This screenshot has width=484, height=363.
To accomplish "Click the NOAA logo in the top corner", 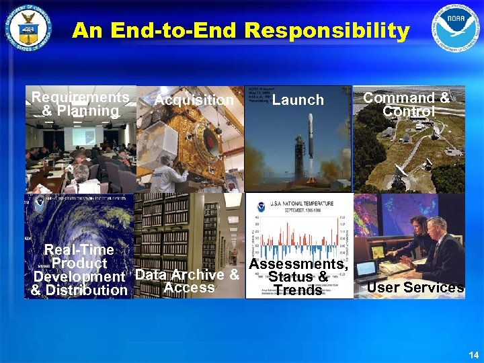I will (x=456, y=29).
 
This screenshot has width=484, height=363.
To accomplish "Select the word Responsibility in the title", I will (x=327, y=31).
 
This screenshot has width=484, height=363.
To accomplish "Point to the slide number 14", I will (x=473, y=354).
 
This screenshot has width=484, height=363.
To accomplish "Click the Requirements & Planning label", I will (x=80, y=104).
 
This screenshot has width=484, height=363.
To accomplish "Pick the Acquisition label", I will (x=194, y=100).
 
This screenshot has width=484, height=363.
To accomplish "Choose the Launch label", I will (x=298, y=100).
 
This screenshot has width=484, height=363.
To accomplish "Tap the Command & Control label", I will (x=406, y=104).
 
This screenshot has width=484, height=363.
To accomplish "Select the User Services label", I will (x=415, y=288).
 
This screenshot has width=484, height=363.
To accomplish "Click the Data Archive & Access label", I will (x=188, y=281).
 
